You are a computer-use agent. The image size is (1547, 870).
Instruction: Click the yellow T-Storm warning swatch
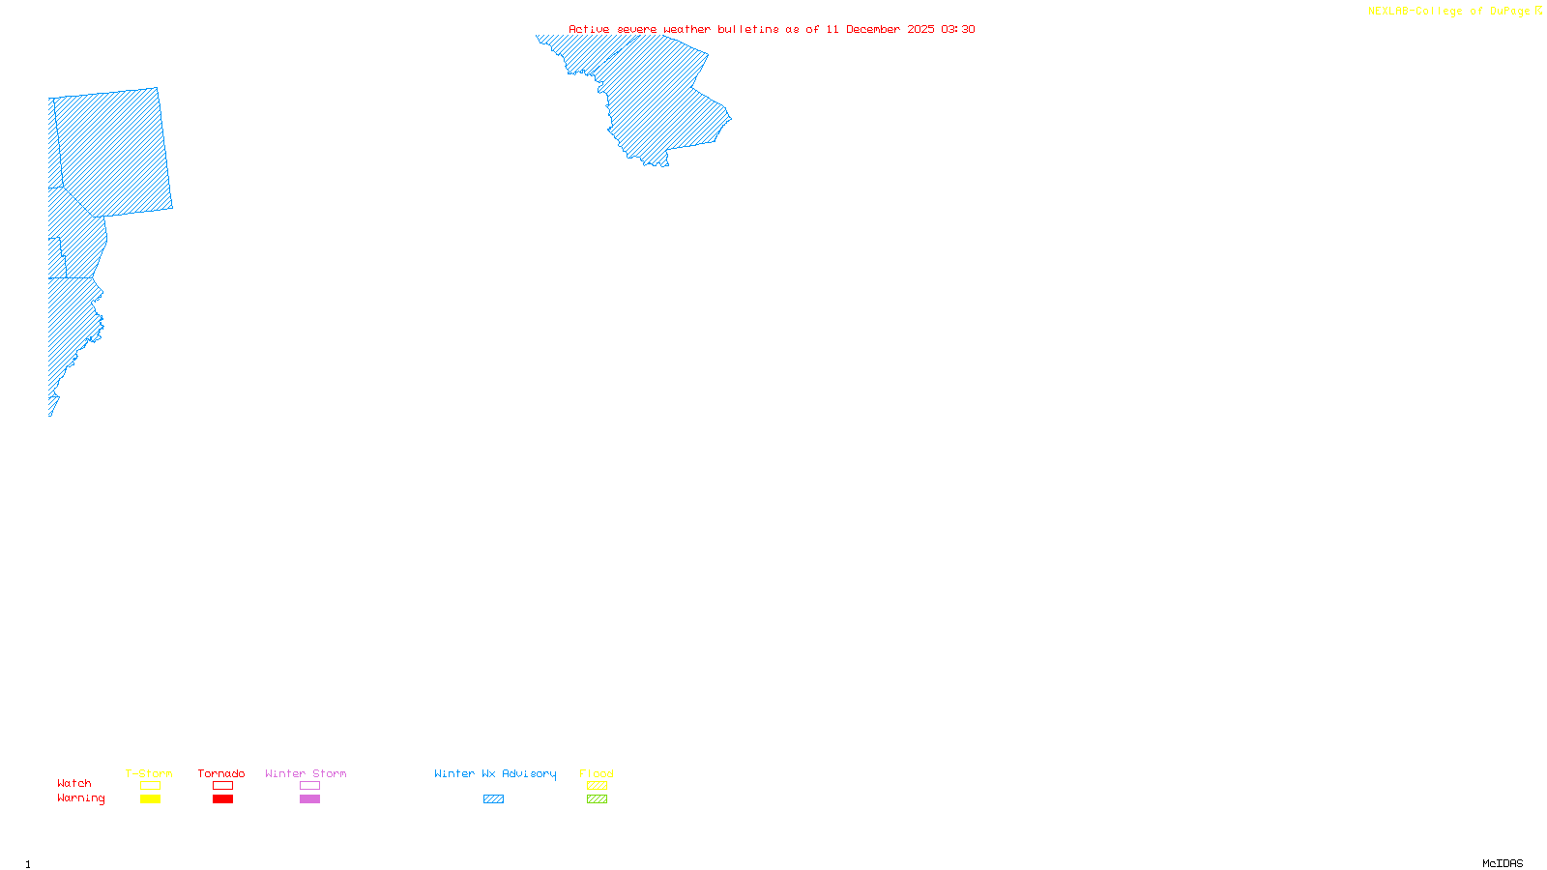(150, 799)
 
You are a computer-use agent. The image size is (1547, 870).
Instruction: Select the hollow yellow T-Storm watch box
(150, 786)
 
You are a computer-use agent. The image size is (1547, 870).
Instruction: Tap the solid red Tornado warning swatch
(222, 799)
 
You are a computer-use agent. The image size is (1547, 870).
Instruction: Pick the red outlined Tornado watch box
(222, 786)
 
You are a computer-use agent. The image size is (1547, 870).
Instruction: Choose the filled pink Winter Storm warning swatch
(309, 799)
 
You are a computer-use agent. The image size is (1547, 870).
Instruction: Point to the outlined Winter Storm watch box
(309, 786)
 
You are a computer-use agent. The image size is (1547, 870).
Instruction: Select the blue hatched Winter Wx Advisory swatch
(493, 799)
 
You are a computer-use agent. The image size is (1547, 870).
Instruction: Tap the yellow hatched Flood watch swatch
(597, 786)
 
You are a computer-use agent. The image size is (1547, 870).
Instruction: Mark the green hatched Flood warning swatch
(597, 799)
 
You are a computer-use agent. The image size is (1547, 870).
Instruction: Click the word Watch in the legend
(74, 784)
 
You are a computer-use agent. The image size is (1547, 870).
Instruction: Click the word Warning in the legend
(80, 798)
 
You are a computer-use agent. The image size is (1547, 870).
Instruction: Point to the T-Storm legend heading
(149, 773)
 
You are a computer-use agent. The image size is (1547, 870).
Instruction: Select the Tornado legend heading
(221, 773)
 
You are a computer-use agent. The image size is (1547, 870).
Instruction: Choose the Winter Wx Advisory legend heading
(495, 773)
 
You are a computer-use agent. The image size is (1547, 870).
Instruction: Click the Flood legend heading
(597, 773)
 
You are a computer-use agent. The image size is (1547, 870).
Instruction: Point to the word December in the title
(873, 29)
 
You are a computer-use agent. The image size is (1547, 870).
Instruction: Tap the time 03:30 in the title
(958, 29)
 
